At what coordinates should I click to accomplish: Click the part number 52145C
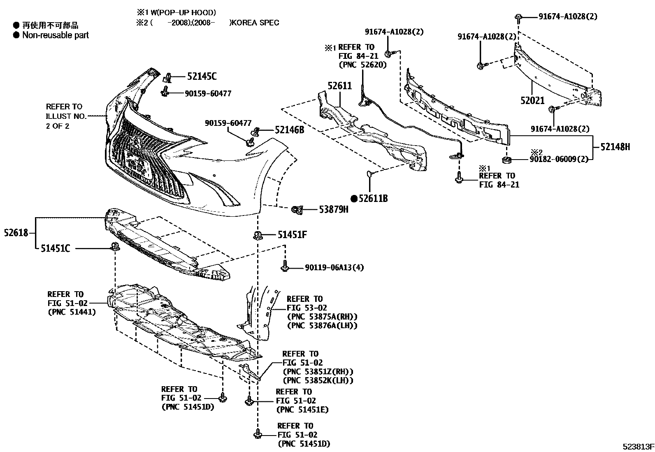(202, 76)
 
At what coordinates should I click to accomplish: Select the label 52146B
(289, 130)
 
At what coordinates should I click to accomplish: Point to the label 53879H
(334, 210)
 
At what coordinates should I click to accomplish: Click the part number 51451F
(292, 235)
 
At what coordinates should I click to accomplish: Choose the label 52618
(16, 233)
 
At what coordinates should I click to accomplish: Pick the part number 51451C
(55, 248)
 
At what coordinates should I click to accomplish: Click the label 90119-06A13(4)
(334, 268)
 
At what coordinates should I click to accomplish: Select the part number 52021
(532, 101)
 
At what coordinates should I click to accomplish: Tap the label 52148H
(615, 146)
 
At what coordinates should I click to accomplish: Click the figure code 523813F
(638, 446)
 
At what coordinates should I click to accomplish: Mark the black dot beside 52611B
(354, 199)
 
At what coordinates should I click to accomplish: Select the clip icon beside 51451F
(258, 235)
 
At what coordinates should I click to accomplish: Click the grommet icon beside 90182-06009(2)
(506, 159)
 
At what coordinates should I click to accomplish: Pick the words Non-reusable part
(56, 35)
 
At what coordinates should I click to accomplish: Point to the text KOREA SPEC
(255, 23)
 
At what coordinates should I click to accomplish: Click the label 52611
(340, 86)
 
